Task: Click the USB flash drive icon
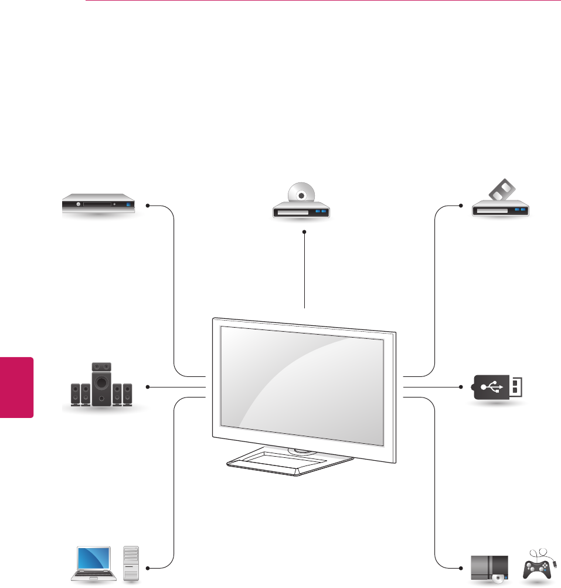click(498, 387)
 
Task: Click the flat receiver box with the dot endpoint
click(99, 206)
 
